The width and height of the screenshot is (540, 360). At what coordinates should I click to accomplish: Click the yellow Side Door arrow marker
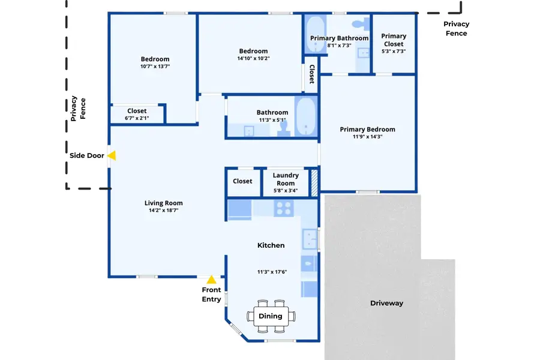coord(112,155)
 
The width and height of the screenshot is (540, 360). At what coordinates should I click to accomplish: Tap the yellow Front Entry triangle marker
coord(211,280)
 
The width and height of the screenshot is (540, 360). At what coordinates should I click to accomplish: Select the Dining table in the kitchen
coord(271,316)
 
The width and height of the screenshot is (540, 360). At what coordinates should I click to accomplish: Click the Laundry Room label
coord(286,179)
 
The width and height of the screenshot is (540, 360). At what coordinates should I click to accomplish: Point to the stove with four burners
coord(283,208)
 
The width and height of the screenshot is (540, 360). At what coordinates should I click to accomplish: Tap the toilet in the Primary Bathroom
coord(360,25)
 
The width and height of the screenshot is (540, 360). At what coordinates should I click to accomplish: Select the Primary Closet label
coord(394,40)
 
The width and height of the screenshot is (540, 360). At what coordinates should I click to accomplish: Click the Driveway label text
coord(386,303)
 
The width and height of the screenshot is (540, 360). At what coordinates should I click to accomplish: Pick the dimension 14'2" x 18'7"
coord(163,211)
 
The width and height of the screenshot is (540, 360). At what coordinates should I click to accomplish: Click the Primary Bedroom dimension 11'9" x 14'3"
coord(367,137)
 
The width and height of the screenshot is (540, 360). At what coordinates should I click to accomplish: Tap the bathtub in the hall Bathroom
coord(306,117)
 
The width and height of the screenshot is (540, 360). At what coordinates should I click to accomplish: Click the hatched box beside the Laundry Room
coord(313,182)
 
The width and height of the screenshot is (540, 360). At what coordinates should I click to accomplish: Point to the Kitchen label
coord(271,245)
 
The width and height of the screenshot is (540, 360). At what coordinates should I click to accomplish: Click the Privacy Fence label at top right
coord(456,29)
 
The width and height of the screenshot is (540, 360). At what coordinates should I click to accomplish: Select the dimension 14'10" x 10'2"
coord(253,59)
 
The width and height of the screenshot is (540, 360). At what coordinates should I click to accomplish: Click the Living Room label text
coord(163,203)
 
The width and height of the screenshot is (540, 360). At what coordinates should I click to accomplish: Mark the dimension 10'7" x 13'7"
coord(155,67)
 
